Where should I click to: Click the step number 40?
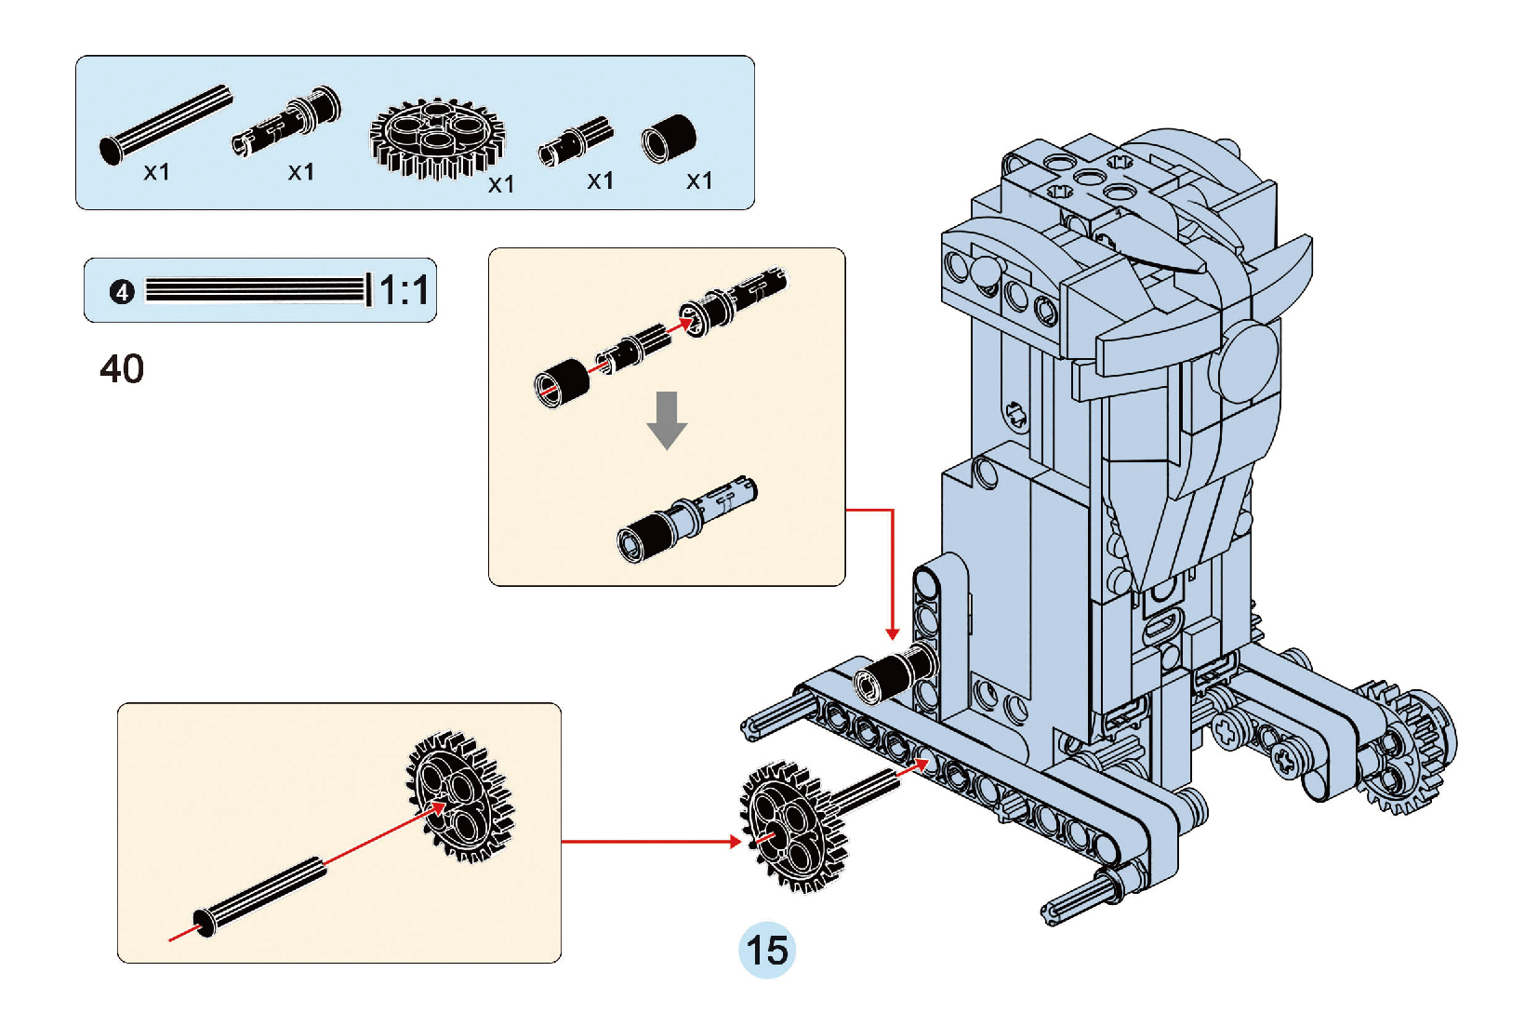(x=122, y=369)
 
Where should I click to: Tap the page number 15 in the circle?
(x=767, y=951)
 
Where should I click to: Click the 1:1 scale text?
(x=404, y=290)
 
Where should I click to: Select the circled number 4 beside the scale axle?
(x=122, y=292)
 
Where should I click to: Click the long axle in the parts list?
(x=166, y=125)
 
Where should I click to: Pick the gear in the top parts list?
(x=436, y=137)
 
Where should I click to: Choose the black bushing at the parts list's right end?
(x=669, y=139)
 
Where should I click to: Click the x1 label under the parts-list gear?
(x=501, y=184)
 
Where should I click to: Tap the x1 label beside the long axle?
(x=156, y=172)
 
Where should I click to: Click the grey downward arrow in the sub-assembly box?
(x=667, y=419)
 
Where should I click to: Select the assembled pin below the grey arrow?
(x=686, y=519)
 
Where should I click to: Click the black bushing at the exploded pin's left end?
(x=562, y=382)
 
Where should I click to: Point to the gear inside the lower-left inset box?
(x=459, y=795)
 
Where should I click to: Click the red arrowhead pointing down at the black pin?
(x=893, y=633)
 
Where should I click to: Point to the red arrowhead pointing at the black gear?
(x=735, y=842)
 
